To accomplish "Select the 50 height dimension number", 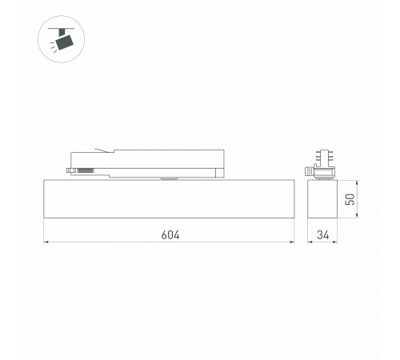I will tap(349, 200).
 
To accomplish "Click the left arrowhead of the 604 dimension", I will tap(46, 241).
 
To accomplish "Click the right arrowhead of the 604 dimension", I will tap(293, 241).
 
